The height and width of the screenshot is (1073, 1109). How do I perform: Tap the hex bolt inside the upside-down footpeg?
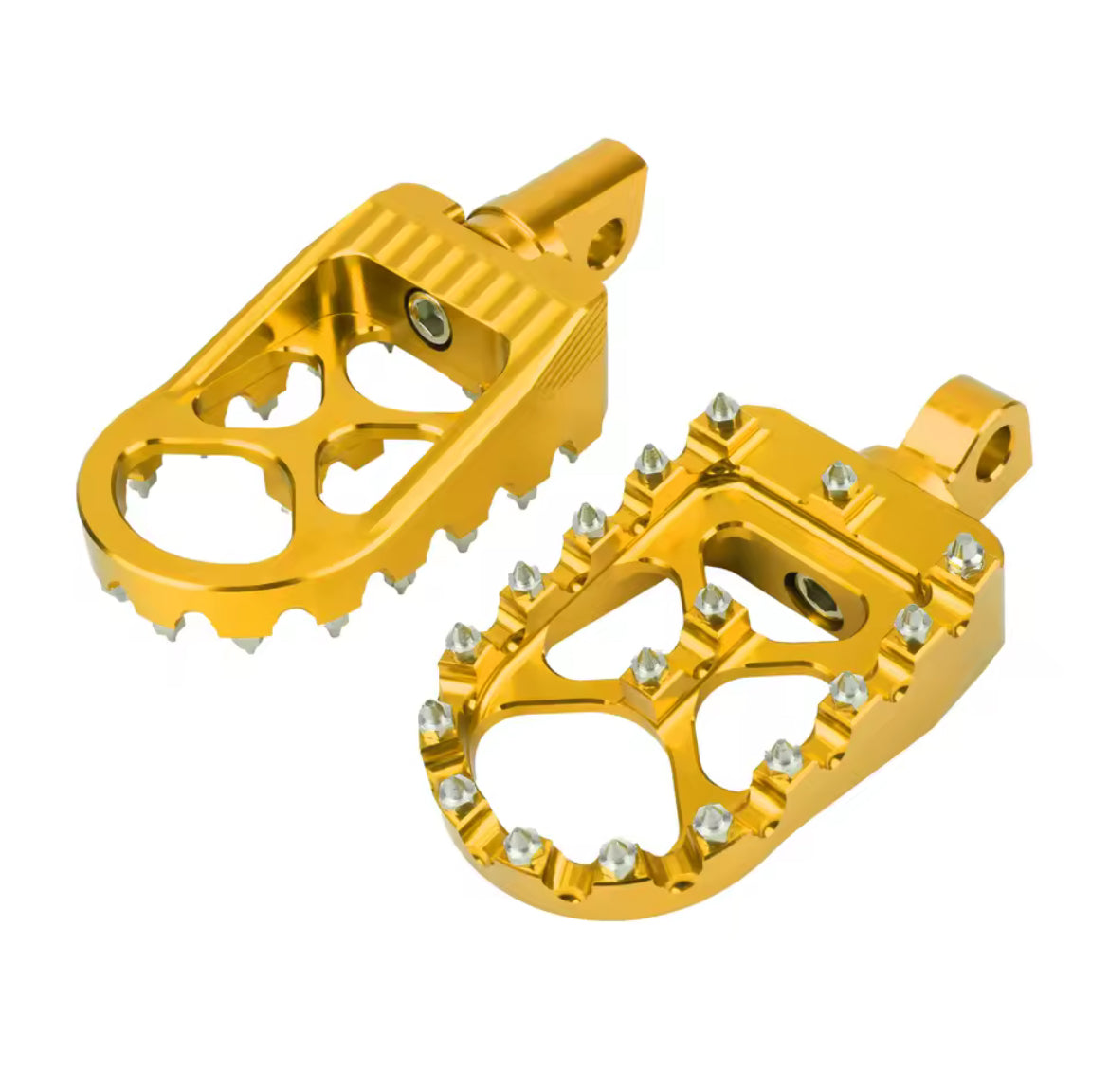424,308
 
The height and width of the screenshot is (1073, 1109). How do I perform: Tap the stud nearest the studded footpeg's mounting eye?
839,479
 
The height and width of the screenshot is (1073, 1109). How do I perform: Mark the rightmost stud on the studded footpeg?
966,553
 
